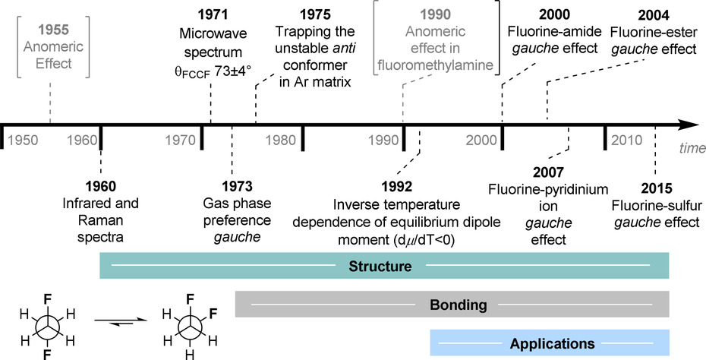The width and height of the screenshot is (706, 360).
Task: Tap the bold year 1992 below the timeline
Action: pyautogui.click(x=397, y=187)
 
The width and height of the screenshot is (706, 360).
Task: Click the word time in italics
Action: pyautogui.click(x=692, y=148)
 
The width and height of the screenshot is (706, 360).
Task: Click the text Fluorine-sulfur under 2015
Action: pyautogui.click(x=656, y=205)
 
